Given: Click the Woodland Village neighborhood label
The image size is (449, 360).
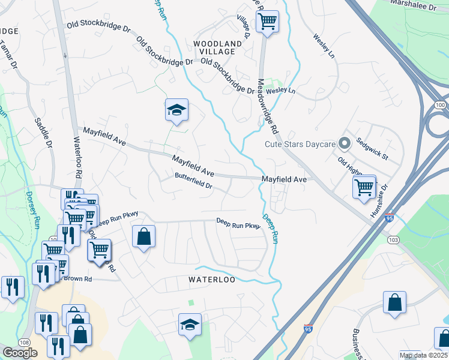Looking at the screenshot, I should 218,48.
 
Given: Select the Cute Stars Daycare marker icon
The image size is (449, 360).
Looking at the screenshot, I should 345,143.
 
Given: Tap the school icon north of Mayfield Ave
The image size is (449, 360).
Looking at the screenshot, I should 176,110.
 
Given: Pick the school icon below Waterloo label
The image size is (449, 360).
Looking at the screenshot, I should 190,325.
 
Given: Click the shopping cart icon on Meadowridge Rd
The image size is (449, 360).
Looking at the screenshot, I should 267,22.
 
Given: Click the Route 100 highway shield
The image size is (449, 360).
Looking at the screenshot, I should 441,105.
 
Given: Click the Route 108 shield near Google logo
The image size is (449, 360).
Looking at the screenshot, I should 25,342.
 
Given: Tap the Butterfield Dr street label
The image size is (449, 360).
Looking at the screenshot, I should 194,181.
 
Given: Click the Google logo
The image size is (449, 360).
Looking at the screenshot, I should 20,353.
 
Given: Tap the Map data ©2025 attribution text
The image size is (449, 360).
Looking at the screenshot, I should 423,355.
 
